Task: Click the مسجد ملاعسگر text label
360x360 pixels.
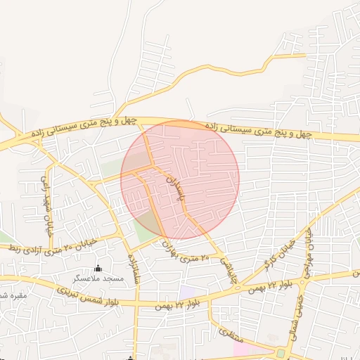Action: pyautogui.click(x=102, y=279)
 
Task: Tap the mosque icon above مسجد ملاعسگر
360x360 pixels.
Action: pyautogui.click(x=98, y=269)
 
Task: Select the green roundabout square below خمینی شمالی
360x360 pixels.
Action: pyautogui.click(x=282, y=352)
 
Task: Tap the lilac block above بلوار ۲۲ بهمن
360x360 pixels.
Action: pyautogui.click(x=187, y=291)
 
